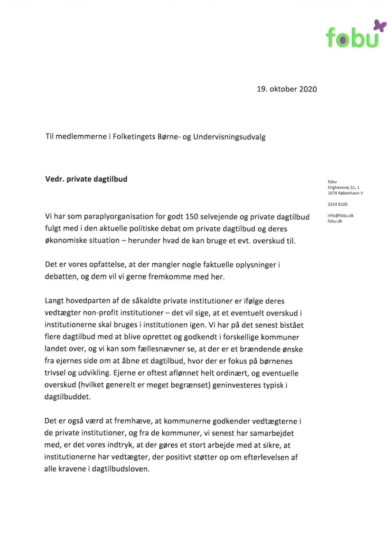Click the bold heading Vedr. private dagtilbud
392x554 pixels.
[x=86, y=179]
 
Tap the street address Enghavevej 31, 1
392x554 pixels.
[x=344, y=187]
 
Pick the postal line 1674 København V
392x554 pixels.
[x=345, y=193]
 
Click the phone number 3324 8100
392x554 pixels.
[x=337, y=204]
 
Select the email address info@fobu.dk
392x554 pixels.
[x=340, y=216]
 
